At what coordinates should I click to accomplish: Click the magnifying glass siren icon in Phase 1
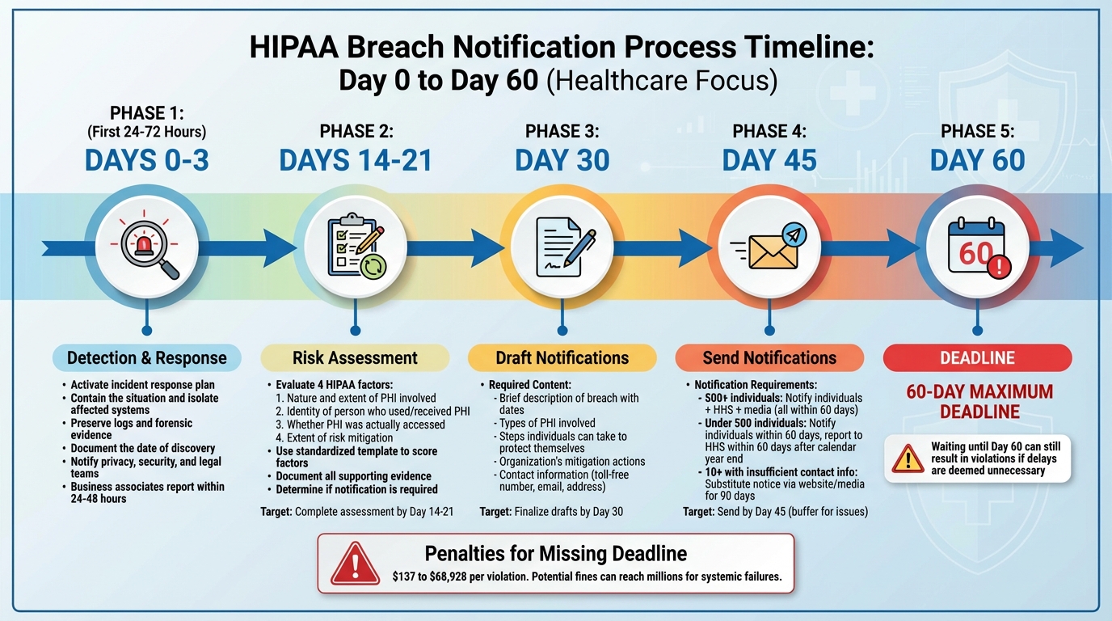click(x=147, y=246)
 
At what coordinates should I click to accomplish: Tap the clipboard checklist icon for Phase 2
click(x=355, y=246)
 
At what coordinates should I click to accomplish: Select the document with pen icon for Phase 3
click(x=562, y=246)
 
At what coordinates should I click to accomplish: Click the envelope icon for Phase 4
click(x=769, y=246)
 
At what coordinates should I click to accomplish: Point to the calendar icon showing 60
click(x=977, y=246)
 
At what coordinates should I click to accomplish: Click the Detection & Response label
click(x=147, y=358)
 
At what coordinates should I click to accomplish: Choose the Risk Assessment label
click(x=355, y=358)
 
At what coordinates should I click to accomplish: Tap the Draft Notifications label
click(x=562, y=358)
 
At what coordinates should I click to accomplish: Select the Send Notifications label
click(x=769, y=358)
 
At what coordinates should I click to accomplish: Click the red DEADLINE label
click(x=977, y=358)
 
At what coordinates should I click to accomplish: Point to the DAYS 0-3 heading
click(x=147, y=160)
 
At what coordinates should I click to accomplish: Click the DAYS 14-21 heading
click(x=356, y=160)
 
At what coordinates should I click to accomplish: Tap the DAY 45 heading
click(x=769, y=160)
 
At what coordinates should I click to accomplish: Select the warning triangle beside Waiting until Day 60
click(x=908, y=458)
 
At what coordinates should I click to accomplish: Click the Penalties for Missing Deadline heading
click(x=556, y=554)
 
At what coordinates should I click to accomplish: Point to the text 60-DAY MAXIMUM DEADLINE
click(x=979, y=402)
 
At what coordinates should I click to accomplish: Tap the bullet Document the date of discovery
click(x=142, y=449)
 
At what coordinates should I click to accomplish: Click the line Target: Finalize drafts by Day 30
click(x=551, y=512)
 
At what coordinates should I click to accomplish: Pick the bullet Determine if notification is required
click(x=356, y=489)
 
